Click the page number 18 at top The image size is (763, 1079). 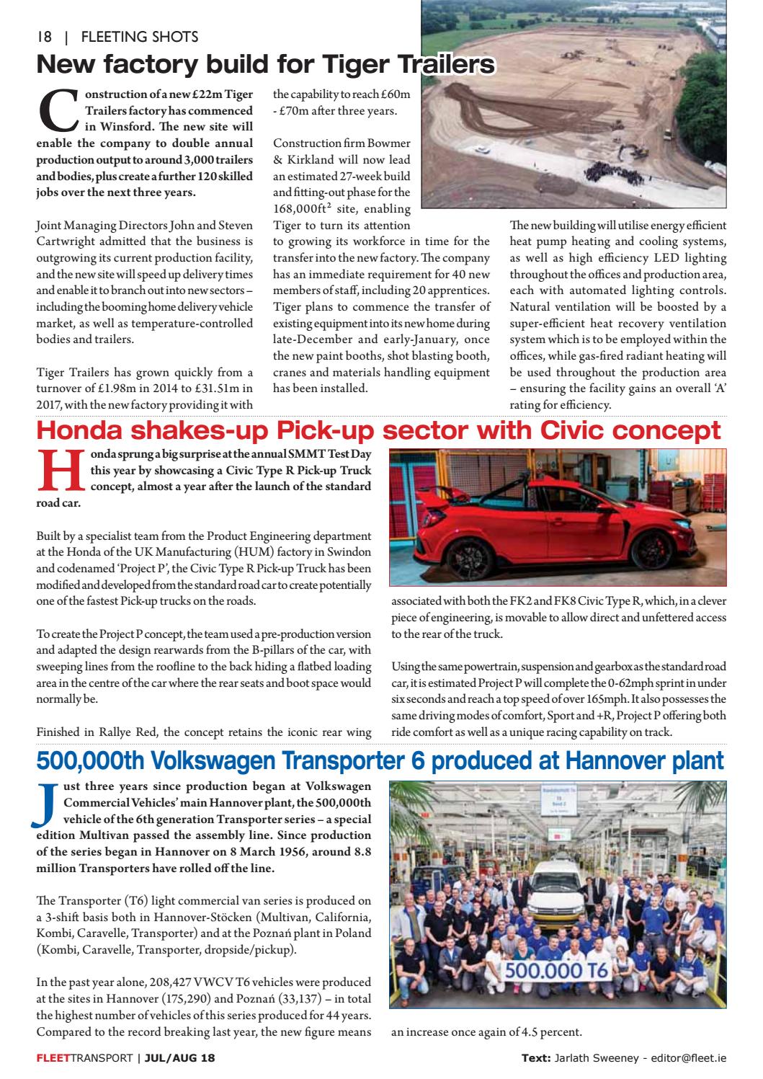pyautogui.click(x=44, y=37)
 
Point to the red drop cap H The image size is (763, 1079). pyautogui.click(x=60, y=471)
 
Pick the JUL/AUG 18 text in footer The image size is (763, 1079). pyautogui.click(x=179, y=1058)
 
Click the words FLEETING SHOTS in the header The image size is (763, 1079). pyautogui.click(x=140, y=37)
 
